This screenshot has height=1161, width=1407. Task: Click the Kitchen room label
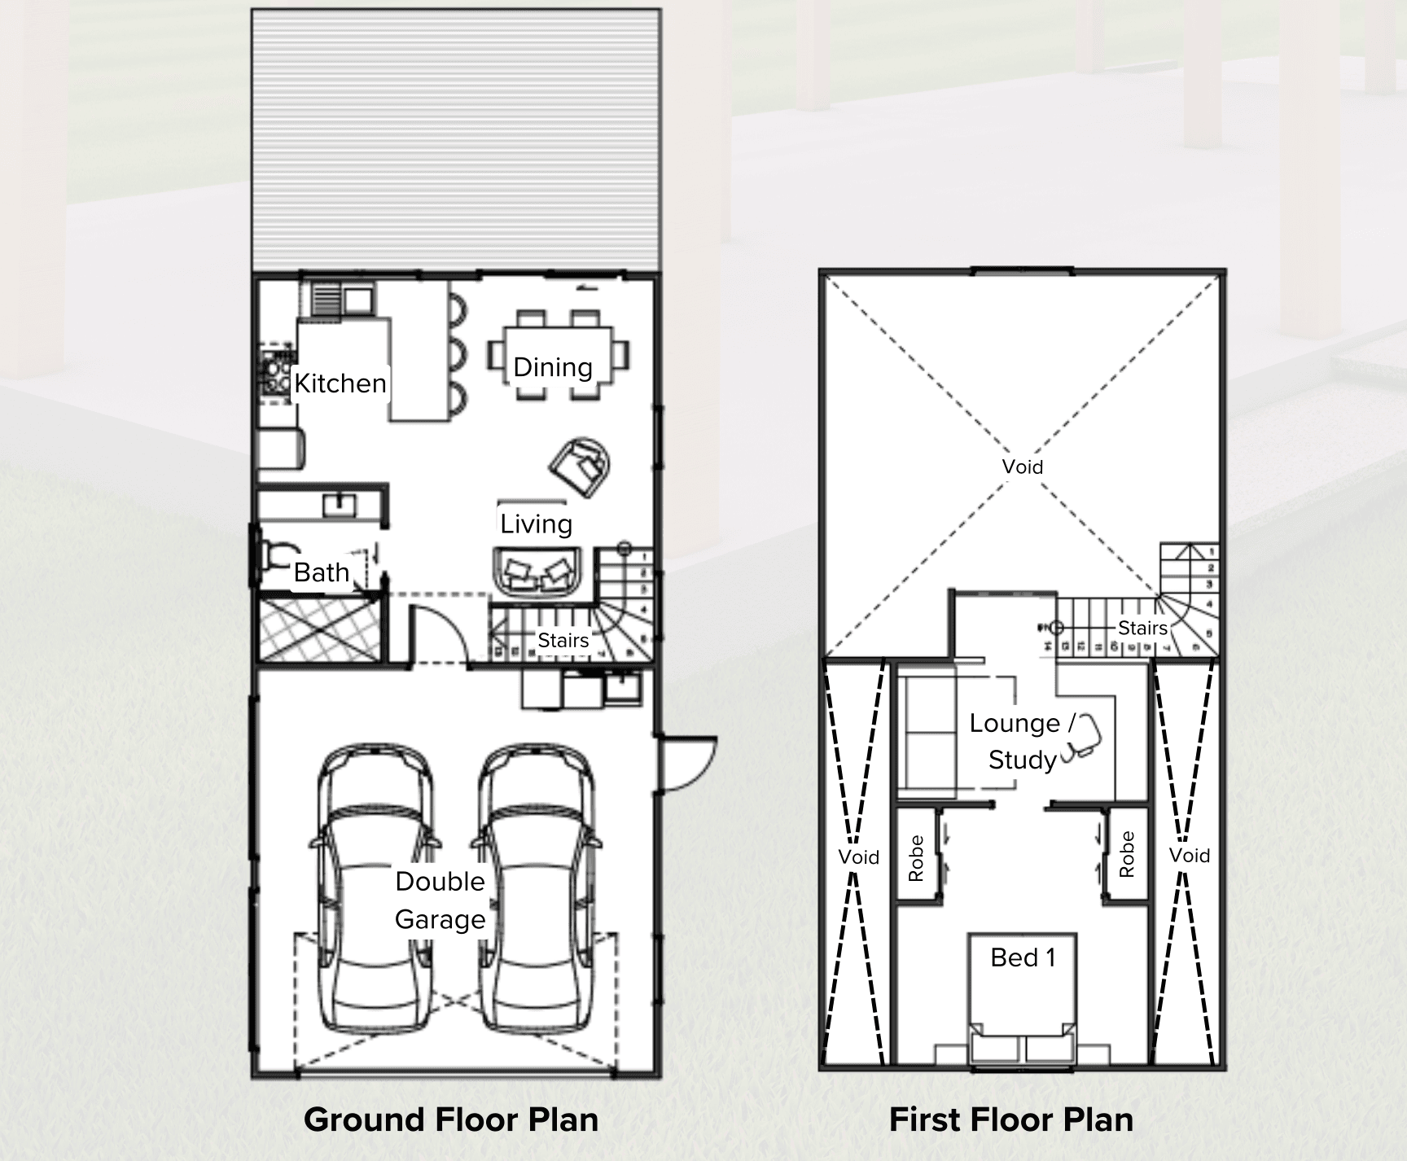(340, 383)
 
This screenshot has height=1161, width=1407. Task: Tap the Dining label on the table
(553, 367)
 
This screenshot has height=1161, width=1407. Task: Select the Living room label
(536, 524)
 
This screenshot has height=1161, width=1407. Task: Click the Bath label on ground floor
(321, 572)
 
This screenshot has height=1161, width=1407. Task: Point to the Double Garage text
(440, 900)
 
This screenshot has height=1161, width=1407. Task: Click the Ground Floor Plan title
(451, 1119)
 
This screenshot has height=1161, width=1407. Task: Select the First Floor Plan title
(1010, 1119)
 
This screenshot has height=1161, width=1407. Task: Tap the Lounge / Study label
(1022, 741)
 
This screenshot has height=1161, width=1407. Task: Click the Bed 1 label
(1023, 957)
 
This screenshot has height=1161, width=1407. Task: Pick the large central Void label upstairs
(1022, 467)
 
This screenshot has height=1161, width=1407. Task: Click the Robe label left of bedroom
(916, 858)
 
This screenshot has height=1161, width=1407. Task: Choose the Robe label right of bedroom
(1127, 853)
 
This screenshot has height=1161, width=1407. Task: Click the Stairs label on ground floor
(563, 640)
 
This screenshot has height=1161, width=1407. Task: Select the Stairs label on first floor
(1142, 628)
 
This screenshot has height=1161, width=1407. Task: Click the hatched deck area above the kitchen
(456, 138)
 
